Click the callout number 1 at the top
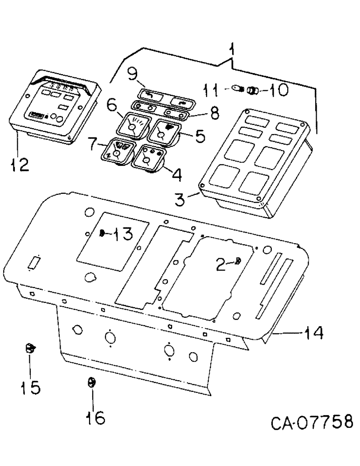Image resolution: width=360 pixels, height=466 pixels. tap(232, 49)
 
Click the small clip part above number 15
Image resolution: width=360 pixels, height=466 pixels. tap(30, 347)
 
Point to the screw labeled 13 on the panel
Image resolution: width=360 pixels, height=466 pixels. tap(101, 234)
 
